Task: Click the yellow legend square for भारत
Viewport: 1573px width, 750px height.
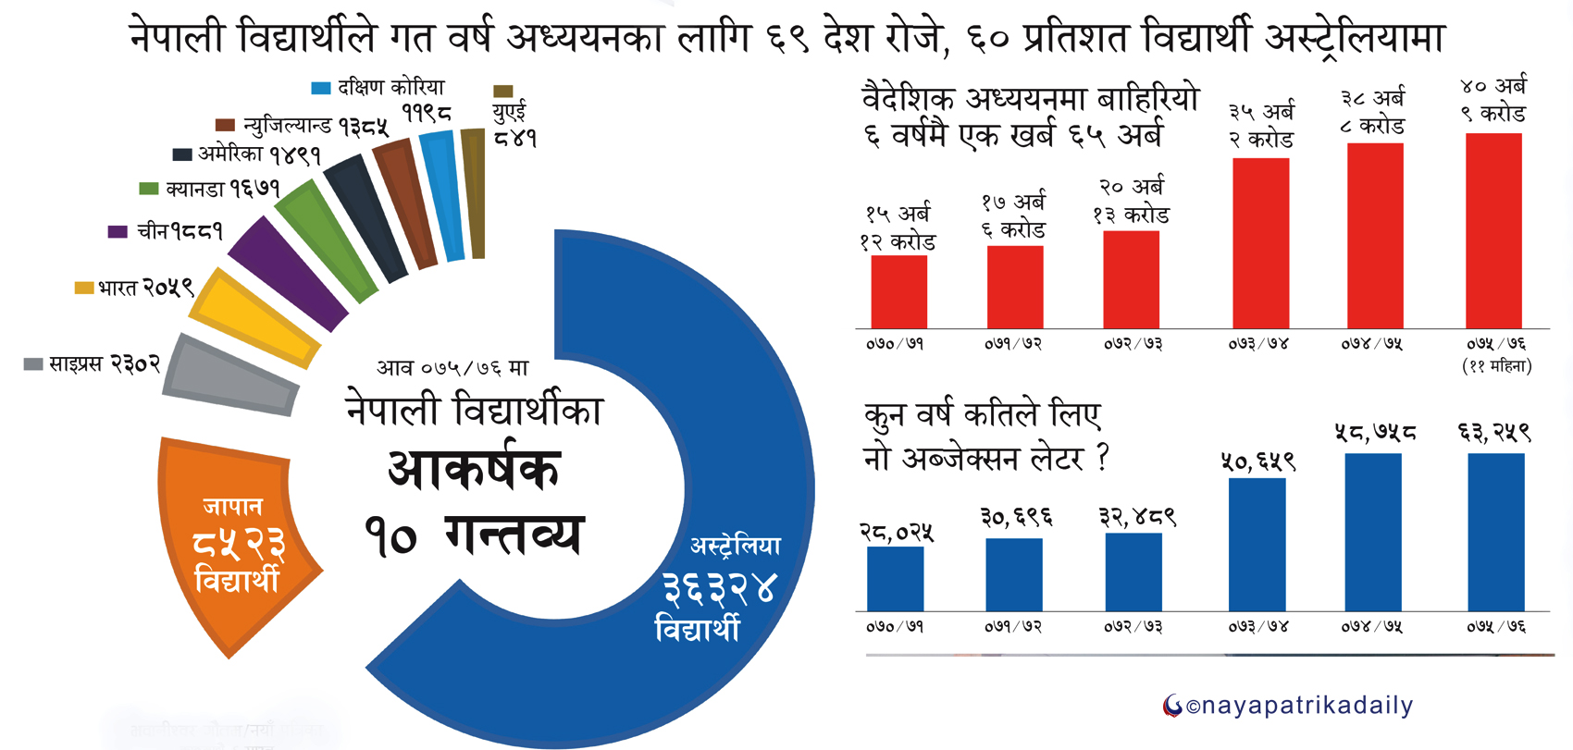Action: (84, 288)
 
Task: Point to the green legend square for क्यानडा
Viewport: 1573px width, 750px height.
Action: (148, 189)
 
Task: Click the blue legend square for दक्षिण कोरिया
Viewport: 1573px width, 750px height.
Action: (321, 88)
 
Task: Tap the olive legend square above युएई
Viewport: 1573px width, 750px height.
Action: (503, 91)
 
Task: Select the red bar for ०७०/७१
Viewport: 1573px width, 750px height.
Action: (898, 291)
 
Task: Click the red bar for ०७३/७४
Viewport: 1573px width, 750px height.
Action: (1260, 242)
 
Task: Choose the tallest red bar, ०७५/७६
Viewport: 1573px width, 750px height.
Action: (1493, 230)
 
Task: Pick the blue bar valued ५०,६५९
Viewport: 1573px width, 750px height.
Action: (1257, 544)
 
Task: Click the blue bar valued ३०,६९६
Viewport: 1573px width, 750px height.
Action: (1014, 574)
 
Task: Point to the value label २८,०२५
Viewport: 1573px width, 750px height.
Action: (896, 533)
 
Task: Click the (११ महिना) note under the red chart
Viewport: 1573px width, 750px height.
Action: (1496, 366)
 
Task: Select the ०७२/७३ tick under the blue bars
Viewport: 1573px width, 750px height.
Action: (1133, 627)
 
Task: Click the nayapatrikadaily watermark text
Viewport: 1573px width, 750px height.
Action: (1299, 706)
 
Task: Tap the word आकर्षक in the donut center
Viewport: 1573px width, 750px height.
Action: (474, 470)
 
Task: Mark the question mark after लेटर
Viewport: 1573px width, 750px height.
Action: (1101, 458)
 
